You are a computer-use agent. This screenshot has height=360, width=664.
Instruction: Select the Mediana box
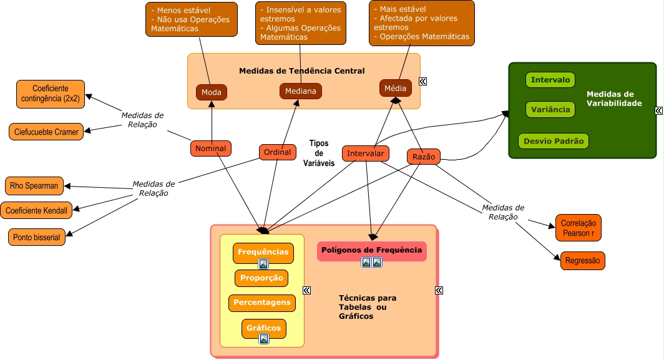(300, 91)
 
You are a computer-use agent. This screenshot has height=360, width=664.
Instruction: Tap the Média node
(395, 88)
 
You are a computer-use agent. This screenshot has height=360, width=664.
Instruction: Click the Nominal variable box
(211, 148)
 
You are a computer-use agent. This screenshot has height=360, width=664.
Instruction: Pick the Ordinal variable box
(278, 152)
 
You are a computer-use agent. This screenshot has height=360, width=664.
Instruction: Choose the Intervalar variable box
(366, 153)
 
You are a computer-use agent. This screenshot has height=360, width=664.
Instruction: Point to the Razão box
(424, 157)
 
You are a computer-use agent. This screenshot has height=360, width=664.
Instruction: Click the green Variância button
(550, 110)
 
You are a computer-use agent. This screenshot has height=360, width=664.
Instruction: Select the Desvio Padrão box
(553, 141)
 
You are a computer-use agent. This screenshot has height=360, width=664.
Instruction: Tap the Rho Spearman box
(34, 185)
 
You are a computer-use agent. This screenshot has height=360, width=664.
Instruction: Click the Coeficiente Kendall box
(36, 210)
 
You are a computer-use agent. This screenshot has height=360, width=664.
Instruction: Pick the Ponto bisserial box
(36, 237)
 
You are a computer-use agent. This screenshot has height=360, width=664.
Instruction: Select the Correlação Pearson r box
(578, 228)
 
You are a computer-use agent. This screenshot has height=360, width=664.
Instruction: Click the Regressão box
(582, 261)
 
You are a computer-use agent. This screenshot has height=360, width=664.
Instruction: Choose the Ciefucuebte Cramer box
(46, 132)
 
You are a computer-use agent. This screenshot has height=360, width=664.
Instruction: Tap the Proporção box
(261, 278)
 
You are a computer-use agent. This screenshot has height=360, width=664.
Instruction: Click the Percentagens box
(261, 303)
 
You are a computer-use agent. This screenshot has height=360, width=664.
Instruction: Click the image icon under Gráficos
(264, 339)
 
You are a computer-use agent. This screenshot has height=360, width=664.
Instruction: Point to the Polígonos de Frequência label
(371, 250)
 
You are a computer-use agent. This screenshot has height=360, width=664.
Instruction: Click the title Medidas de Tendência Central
(301, 71)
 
